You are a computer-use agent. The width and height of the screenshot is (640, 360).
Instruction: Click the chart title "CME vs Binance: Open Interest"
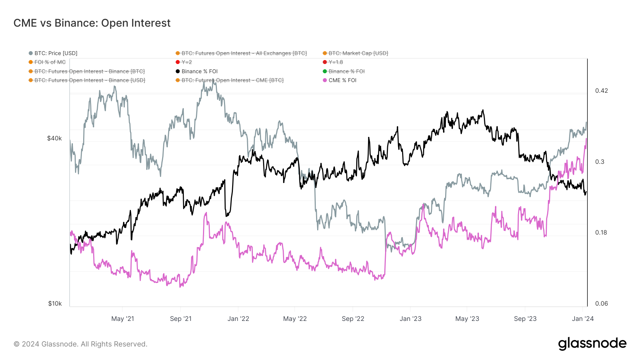[92, 23]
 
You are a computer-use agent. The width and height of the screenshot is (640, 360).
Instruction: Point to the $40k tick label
[54, 138]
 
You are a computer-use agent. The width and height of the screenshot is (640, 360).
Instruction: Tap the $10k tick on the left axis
[55, 303]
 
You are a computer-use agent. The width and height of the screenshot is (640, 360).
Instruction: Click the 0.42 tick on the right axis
[602, 91]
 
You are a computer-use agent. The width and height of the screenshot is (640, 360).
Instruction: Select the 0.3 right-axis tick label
[600, 162]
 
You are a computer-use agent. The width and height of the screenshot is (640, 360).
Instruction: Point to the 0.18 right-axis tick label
[601, 232]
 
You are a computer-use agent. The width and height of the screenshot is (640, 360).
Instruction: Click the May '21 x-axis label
[123, 319]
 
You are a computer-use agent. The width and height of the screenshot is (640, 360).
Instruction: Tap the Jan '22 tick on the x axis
[238, 319]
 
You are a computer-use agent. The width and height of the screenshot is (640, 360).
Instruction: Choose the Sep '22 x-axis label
[353, 319]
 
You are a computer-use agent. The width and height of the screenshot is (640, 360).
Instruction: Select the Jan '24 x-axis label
[583, 319]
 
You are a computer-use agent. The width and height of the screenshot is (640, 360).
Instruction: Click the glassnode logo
[592, 344]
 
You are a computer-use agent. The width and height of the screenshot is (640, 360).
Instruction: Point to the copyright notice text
[80, 344]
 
